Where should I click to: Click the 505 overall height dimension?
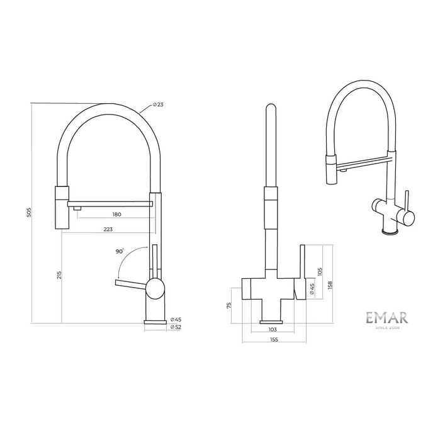pyautogui.click(x=29, y=212)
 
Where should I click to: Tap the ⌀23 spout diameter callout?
pyautogui.click(x=158, y=104)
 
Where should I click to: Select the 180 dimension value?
pyautogui.click(x=116, y=214)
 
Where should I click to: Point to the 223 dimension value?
pyautogui.click(x=108, y=229)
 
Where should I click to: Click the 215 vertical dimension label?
pyautogui.click(x=60, y=275)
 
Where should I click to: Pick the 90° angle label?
pyautogui.click(x=120, y=251)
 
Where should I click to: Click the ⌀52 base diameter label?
pyautogui.click(x=176, y=327)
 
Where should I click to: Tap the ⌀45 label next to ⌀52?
pyautogui.click(x=176, y=319)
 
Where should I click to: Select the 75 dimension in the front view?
pyautogui.click(x=229, y=305)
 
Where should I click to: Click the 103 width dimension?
pyautogui.click(x=273, y=329)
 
